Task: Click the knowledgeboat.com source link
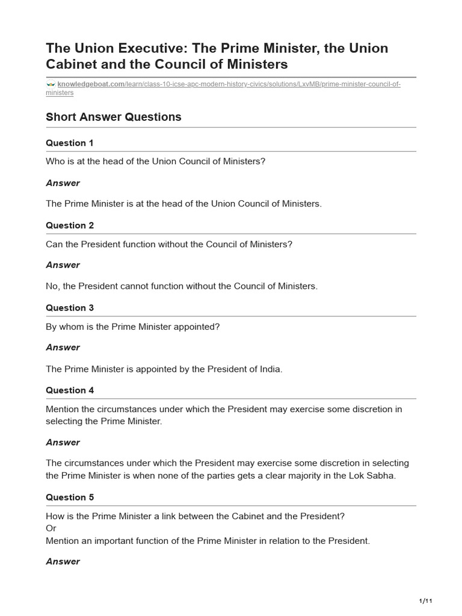coord(90,84)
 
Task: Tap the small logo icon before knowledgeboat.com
coord(51,84)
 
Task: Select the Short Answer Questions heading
coord(113,117)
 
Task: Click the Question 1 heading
coord(70,143)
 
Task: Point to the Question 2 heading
coord(70,226)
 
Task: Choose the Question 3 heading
coord(70,308)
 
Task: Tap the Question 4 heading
coord(70,390)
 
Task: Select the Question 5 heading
coord(70,497)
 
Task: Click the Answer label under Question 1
coord(63,183)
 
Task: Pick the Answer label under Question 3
coord(63,348)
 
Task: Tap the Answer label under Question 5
coord(63,562)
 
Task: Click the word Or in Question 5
coord(51,528)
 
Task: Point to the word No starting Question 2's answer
coord(52,286)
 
